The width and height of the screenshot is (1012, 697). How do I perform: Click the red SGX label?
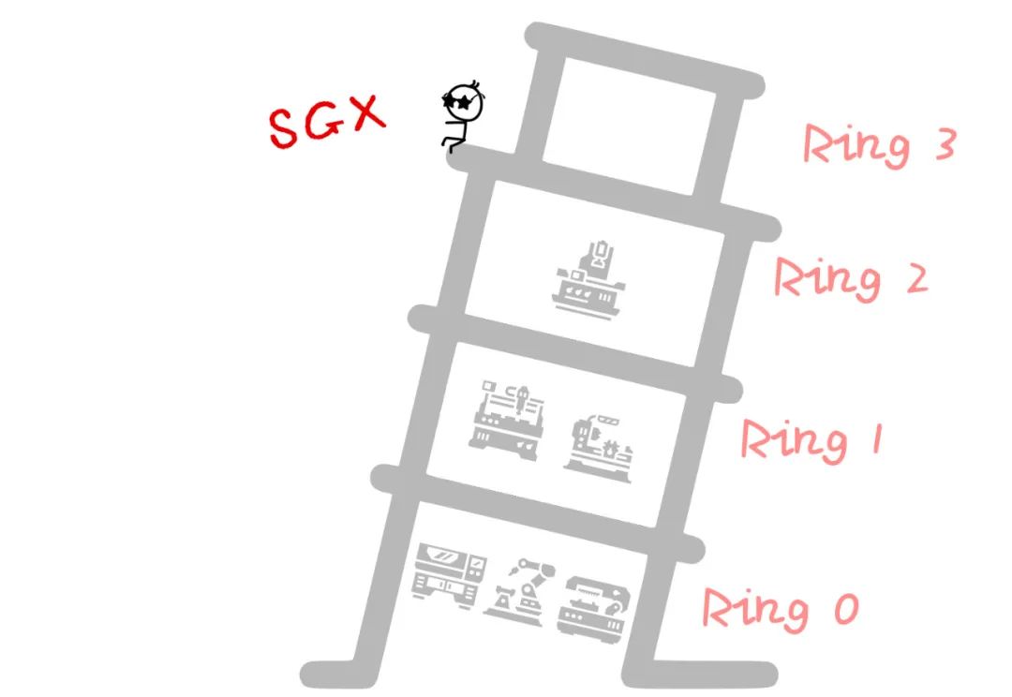coord(326,122)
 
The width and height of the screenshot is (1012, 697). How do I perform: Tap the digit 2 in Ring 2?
coord(909,279)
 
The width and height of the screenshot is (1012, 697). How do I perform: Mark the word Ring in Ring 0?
coord(755,610)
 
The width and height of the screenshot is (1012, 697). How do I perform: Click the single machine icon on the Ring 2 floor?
coord(588,276)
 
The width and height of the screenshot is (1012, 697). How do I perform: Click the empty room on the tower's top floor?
coord(629,126)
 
